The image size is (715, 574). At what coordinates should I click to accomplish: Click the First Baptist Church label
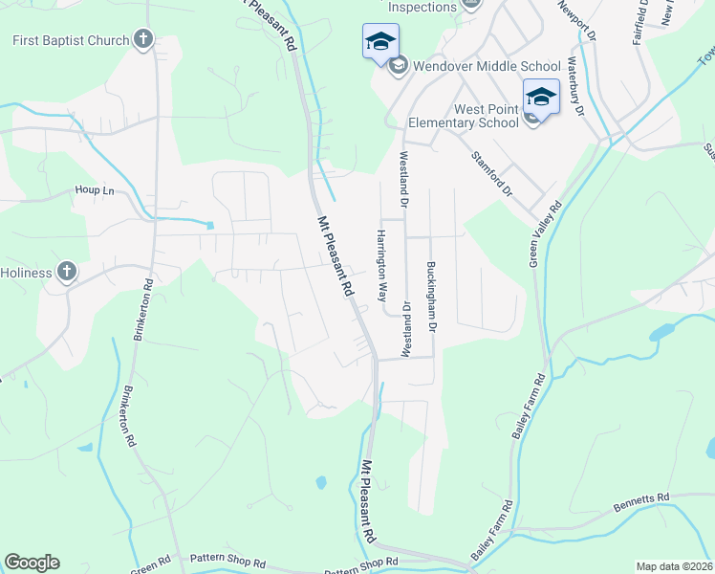click(70, 40)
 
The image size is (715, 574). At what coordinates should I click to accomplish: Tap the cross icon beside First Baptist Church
click(143, 39)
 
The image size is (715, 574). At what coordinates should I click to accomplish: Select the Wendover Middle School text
click(487, 66)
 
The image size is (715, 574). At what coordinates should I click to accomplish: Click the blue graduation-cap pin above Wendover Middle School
click(379, 42)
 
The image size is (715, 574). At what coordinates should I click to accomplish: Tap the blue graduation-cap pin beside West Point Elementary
click(541, 97)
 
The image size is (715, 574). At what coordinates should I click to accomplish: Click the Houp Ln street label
click(95, 190)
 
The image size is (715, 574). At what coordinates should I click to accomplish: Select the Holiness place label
click(26, 272)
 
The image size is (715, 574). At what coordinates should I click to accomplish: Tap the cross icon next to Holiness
click(66, 272)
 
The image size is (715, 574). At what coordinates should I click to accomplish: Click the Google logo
click(32, 563)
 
